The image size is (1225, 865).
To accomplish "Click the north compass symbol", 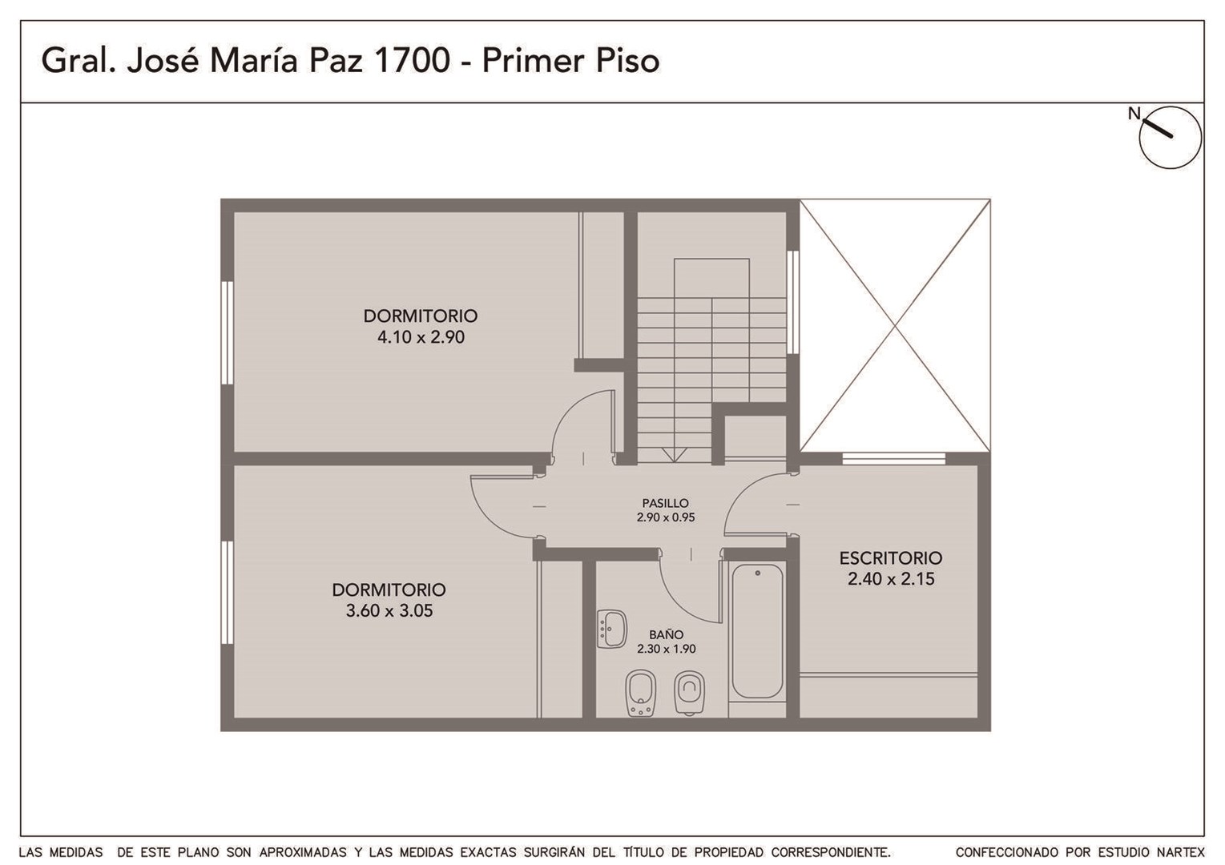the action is [1170, 137].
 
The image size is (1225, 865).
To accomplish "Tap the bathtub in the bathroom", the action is [757, 631].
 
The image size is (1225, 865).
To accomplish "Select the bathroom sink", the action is [612, 630].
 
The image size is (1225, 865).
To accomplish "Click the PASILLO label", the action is [665, 503].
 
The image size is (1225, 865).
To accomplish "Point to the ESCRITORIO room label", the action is [891, 558].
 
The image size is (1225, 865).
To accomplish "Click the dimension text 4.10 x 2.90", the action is [421, 337].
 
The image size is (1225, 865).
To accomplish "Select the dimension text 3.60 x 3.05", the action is [389, 611].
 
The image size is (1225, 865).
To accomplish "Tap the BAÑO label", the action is [666, 634].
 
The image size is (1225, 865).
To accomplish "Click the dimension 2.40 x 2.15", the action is [891, 579].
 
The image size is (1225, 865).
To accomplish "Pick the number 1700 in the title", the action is [413, 60].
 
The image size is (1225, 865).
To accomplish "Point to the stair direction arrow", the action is [675, 455].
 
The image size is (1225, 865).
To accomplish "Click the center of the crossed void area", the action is [895, 325].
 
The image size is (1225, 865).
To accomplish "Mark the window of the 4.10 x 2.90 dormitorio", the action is [227, 332].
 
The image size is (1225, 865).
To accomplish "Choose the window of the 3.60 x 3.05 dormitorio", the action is [227, 593].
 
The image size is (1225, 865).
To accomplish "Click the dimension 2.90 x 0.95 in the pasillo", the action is [665, 517].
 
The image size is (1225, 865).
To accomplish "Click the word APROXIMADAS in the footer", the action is [302, 852].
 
